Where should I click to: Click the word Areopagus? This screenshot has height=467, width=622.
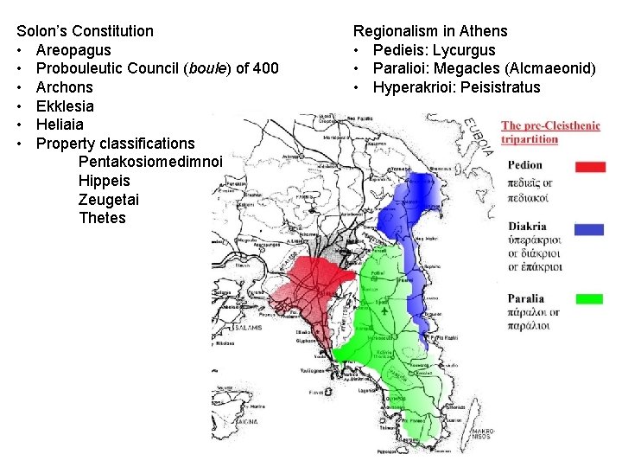pos(73,50)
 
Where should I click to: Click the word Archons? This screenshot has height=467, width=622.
pos(64,87)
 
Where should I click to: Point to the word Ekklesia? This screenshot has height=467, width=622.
pos(65,106)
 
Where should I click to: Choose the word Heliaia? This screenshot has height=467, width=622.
pos(60,125)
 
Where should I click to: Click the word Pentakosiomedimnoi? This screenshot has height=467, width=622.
pos(150,162)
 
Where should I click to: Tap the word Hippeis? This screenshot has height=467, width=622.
pos(104,181)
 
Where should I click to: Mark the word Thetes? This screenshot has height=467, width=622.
pos(102,218)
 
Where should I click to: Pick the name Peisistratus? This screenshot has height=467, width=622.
pos(500,87)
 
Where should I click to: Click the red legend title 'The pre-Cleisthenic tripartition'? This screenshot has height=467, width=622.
pos(549,132)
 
